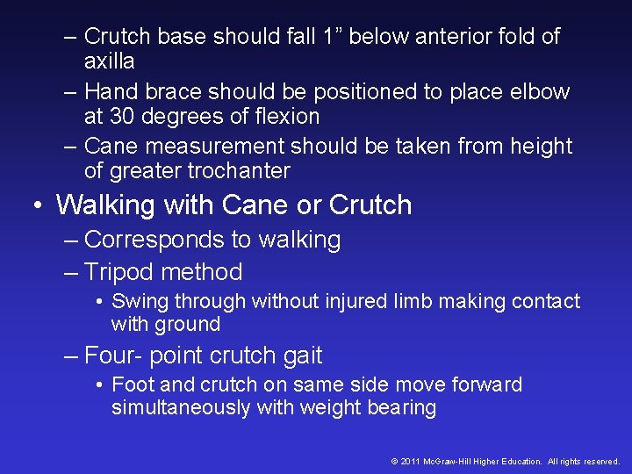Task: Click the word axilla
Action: point(109,61)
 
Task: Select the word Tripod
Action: point(119,272)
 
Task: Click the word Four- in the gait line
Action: point(116,355)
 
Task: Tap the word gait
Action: point(302,355)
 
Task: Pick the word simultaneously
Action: point(182,407)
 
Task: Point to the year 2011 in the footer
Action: point(410,462)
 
